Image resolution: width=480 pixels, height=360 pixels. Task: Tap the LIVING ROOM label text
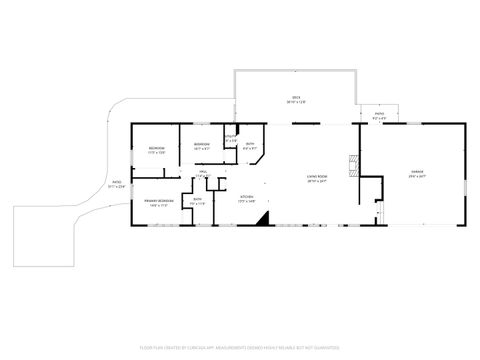[319, 178]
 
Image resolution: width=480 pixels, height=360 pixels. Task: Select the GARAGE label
[416, 173]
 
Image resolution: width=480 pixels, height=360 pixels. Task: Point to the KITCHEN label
[247, 198]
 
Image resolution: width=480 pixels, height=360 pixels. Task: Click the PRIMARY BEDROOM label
[158, 201]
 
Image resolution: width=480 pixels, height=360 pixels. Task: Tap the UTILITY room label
[231, 137]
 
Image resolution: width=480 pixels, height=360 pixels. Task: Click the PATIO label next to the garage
[379, 115]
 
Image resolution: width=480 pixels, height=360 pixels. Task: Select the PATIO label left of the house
[116, 182]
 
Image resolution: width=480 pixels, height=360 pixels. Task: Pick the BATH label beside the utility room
[251, 145]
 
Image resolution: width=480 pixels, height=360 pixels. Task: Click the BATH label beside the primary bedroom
[198, 200]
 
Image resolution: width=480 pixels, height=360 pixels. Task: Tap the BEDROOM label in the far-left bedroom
[156, 149]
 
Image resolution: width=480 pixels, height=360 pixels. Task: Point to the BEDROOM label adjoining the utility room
[201, 145]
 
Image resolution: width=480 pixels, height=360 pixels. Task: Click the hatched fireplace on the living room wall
[350, 164]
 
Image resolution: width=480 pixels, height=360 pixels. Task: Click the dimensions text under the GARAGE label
[416, 178]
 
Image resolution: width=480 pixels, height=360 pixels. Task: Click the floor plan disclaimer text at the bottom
[240, 346]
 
